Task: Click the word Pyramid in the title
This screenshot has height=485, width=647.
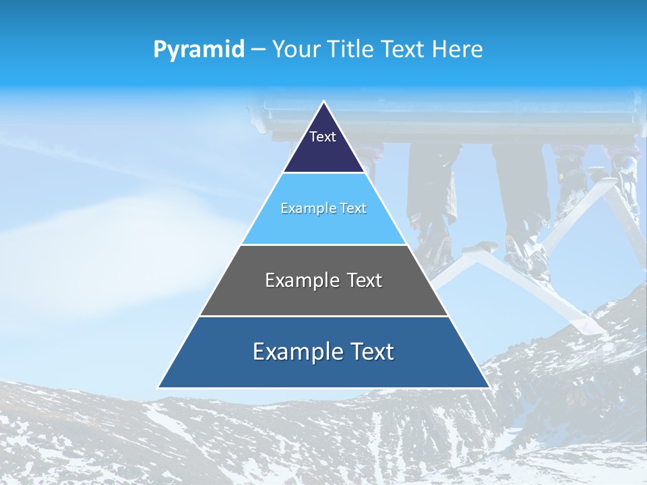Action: (198, 50)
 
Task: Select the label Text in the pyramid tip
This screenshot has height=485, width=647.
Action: (323, 137)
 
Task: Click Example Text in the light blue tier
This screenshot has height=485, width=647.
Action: (323, 209)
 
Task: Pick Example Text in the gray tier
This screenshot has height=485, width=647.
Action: (323, 280)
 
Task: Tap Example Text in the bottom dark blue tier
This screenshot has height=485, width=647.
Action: (323, 352)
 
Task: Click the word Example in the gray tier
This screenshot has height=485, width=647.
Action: (301, 280)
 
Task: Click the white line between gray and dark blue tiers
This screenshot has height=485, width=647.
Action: (323, 316)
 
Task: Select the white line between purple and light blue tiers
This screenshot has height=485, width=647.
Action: (323, 173)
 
